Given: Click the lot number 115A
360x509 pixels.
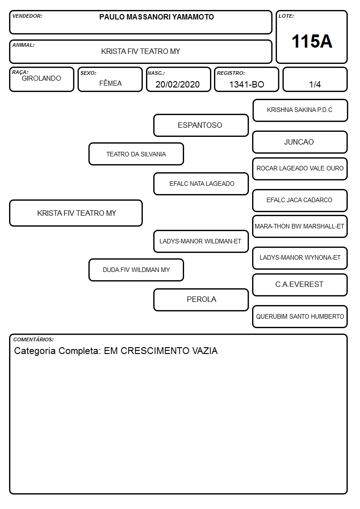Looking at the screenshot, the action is click(311, 41).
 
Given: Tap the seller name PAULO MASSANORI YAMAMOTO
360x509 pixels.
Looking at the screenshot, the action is click(156, 17).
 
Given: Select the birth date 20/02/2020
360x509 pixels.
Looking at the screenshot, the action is click(178, 84).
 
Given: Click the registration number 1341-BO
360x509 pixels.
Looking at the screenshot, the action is click(247, 84).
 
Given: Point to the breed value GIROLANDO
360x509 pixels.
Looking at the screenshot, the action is click(42, 78).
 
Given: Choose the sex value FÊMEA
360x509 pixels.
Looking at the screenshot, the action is click(110, 83).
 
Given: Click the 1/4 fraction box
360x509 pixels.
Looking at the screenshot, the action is click(315, 79).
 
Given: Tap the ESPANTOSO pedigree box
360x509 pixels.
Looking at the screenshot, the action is click(201, 125).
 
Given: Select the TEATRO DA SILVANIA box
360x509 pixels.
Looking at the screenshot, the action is click(136, 154).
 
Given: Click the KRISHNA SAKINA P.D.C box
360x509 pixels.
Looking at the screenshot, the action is click(300, 111).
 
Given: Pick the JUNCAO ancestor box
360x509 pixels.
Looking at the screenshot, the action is click(300, 142).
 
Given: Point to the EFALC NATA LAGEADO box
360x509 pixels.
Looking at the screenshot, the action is click(201, 184).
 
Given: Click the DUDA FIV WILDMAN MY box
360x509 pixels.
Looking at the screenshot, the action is click(136, 270).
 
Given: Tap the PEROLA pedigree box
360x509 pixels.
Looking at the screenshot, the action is click(201, 300).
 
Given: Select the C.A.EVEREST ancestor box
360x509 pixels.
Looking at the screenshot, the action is click(300, 285).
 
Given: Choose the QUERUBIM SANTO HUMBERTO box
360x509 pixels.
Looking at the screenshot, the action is click(300, 316).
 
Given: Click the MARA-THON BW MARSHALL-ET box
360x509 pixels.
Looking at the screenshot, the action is click(300, 226).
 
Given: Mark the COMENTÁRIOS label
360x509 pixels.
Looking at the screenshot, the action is click(34, 339).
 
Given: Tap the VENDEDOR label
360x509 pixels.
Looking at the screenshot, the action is click(27, 16).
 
